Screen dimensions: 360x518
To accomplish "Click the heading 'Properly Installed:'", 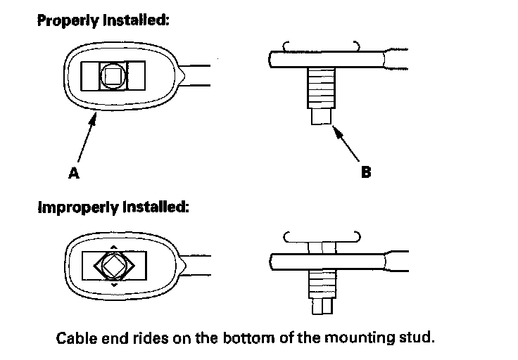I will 102,21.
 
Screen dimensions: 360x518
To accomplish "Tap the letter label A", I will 74,173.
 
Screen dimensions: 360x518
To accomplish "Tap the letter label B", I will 365,171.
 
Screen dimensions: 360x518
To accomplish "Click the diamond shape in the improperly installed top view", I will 113,266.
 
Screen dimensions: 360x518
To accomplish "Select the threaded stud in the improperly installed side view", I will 321,284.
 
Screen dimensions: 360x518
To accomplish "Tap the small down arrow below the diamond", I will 113,287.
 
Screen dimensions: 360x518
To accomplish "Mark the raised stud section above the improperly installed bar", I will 321,247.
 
